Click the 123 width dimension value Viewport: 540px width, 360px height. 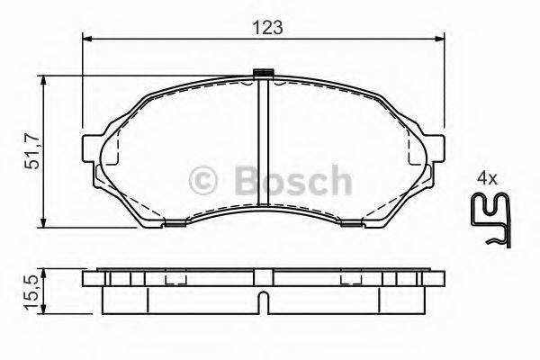(x=268, y=27)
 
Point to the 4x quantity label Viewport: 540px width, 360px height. (x=487, y=179)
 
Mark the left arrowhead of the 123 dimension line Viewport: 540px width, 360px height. (x=86, y=39)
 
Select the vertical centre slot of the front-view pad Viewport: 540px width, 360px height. (x=264, y=144)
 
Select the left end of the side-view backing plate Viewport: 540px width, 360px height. (x=87, y=280)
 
